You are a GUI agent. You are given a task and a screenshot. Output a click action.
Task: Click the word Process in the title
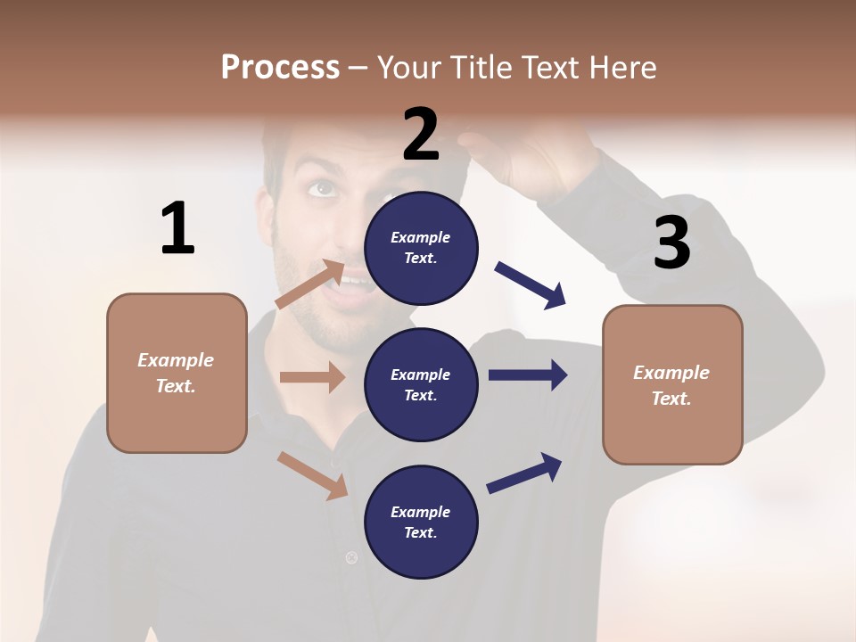click(x=280, y=68)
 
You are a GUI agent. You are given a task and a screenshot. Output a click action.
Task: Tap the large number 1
click(x=177, y=228)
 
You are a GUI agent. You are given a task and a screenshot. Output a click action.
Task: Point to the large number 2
click(x=421, y=134)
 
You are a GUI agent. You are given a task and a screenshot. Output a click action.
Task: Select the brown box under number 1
click(x=177, y=373)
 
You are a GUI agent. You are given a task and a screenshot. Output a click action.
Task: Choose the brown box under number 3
click(x=672, y=385)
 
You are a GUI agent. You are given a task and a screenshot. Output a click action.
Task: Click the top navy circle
click(x=421, y=248)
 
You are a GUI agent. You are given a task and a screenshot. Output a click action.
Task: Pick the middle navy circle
click(x=421, y=385)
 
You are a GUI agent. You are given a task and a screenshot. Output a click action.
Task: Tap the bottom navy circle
click(x=421, y=523)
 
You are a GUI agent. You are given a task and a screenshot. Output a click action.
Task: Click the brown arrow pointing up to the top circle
click(x=309, y=284)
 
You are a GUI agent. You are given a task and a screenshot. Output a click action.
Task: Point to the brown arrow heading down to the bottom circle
click(x=312, y=475)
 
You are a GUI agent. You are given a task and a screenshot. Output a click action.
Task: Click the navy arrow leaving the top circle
click(x=531, y=285)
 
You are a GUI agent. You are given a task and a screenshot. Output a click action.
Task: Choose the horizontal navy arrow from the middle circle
click(x=527, y=374)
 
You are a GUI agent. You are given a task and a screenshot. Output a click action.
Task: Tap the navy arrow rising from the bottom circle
click(x=524, y=473)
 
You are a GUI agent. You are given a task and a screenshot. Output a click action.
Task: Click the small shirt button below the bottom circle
click(x=351, y=558)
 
